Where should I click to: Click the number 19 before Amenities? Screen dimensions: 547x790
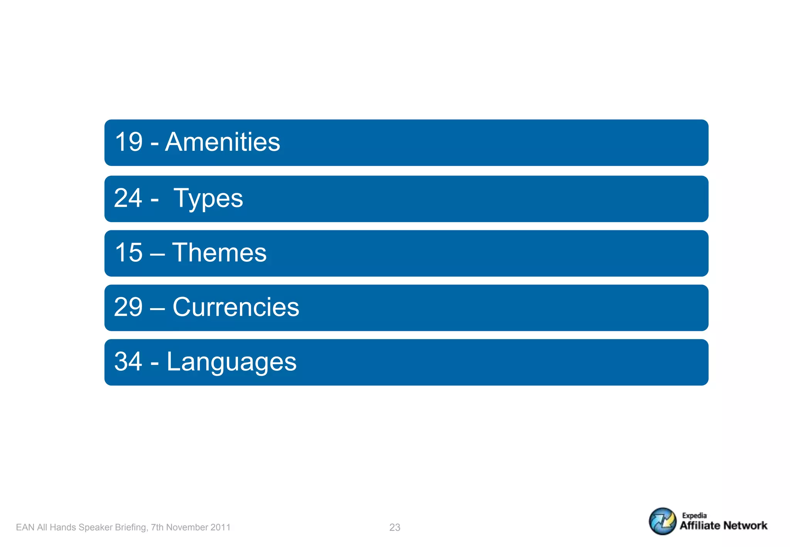tap(129, 142)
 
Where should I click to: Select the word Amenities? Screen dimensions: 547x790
tap(223, 142)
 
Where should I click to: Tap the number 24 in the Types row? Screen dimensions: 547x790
tap(128, 198)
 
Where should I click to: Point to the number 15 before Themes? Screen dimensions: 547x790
tap(129, 253)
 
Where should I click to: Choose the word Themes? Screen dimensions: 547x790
tap(219, 253)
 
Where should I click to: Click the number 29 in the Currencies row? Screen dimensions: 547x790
tap(128, 307)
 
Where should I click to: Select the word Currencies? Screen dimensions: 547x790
tap(236, 307)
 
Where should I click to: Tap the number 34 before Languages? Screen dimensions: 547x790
tap(128, 361)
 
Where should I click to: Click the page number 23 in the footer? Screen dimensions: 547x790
tap(395, 527)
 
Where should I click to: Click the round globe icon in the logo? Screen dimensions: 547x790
tap(662, 521)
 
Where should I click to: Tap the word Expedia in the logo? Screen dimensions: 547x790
tap(694, 515)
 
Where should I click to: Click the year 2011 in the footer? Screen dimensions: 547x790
tap(221, 527)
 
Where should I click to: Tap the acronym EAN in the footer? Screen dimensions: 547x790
tap(25, 527)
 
